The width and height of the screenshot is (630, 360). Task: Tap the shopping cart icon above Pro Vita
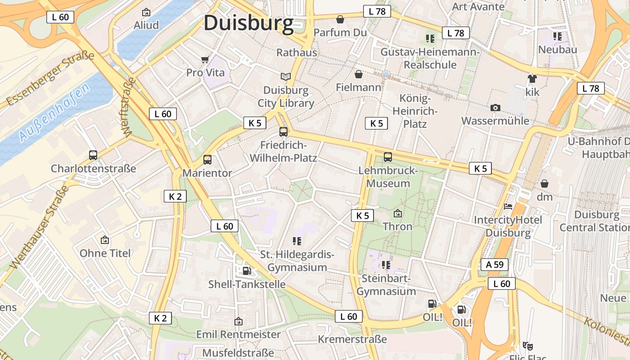point(205,59)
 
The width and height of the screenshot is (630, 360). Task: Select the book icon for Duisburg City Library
point(286,76)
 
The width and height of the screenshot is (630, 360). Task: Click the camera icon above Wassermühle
point(495,108)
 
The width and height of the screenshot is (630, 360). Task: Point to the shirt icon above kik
point(532,79)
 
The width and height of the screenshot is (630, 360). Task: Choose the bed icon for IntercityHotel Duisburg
point(508,207)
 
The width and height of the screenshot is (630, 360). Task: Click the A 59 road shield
point(495,265)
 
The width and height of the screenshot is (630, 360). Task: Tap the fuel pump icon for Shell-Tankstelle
point(247,270)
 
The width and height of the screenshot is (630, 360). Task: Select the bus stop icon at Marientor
point(207,159)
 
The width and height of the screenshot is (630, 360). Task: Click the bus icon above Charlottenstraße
point(93,155)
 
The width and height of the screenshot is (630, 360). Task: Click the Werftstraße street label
point(128,107)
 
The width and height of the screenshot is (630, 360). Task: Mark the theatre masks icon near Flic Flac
point(528,346)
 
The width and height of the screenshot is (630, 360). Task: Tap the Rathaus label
point(297,53)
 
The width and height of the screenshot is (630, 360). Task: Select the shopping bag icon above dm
point(544,184)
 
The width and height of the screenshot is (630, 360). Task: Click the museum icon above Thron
point(397,213)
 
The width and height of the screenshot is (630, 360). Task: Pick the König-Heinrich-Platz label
point(414,111)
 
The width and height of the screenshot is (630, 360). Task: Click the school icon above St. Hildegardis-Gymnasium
point(297,241)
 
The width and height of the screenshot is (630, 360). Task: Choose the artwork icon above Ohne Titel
point(105,240)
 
